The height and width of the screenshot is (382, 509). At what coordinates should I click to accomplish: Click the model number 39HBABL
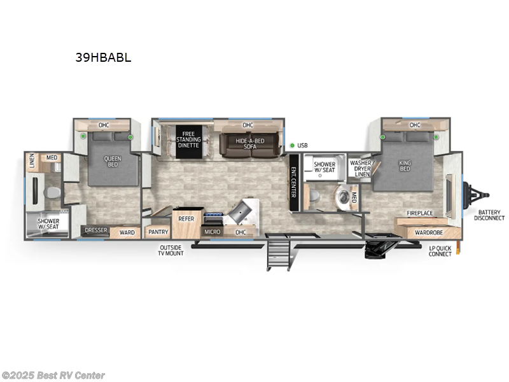103,57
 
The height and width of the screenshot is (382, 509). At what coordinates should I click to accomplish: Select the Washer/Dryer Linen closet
359,169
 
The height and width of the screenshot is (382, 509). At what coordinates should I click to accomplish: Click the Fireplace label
420,213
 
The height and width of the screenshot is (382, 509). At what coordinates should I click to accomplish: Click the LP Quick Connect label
440,251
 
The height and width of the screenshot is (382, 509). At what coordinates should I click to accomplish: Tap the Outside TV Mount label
171,250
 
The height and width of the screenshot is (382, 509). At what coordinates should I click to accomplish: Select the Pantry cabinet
158,232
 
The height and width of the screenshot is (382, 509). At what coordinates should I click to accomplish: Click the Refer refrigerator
186,219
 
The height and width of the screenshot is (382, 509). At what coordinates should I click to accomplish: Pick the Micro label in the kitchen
213,232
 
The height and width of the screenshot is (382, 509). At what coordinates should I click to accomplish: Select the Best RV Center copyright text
53,376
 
